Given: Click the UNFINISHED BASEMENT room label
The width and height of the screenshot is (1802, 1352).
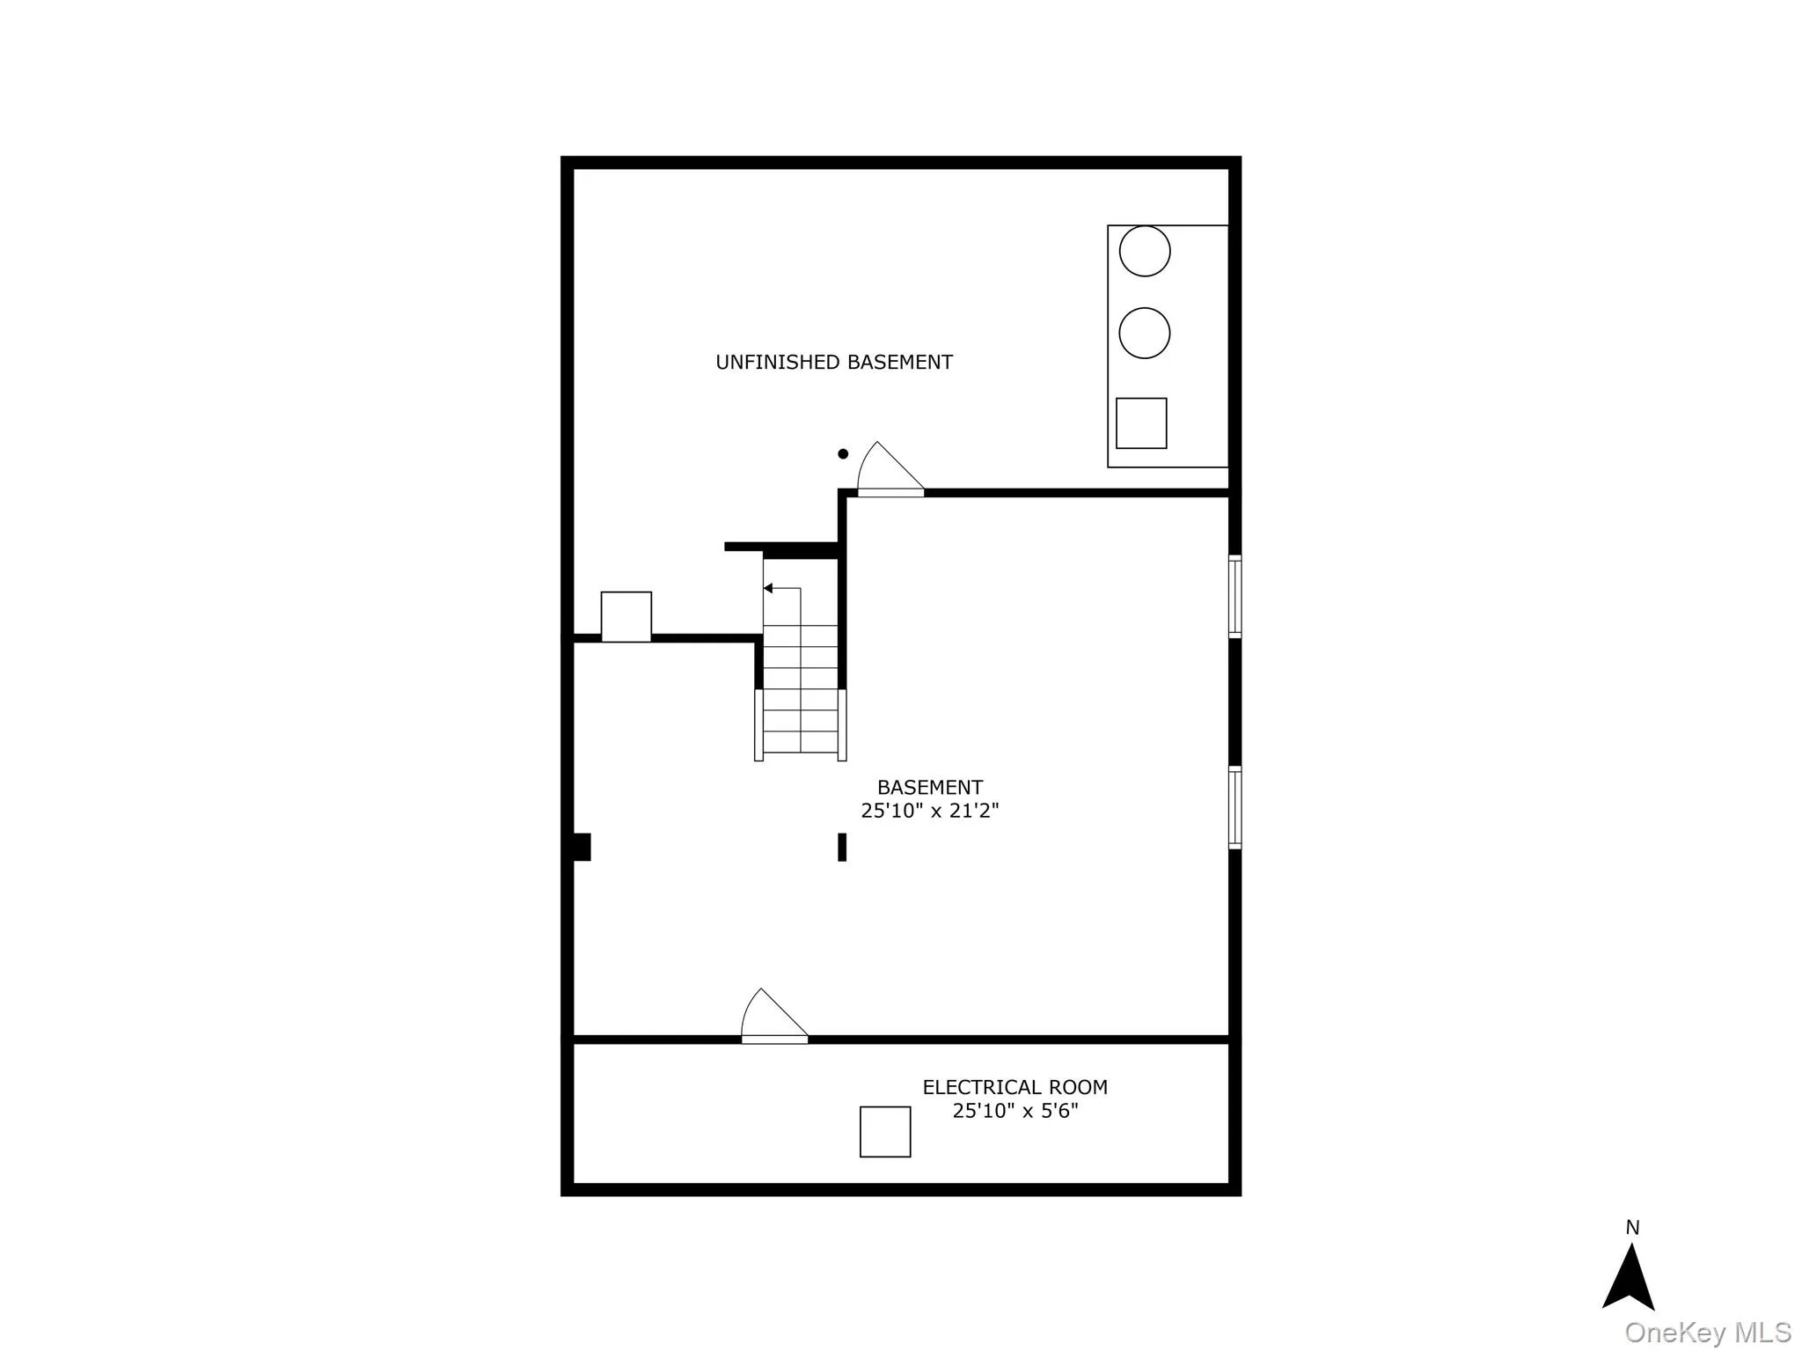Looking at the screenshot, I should click(x=833, y=362).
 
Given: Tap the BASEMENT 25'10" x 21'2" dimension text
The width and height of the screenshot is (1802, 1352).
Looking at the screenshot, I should click(x=929, y=810).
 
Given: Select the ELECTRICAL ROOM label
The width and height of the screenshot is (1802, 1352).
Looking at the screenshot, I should click(x=1015, y=1087).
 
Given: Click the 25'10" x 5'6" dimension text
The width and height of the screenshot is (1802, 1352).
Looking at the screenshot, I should click(x=1015, y=1111).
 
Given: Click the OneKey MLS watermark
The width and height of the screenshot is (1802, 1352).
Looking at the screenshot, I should click(x=1708, y=1333).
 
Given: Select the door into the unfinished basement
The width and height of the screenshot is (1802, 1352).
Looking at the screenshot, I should click(x=890, y=472).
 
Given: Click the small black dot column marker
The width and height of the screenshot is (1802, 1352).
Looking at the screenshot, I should click(x=843, y=454).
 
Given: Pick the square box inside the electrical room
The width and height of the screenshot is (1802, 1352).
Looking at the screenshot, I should click(x=885, y=1132).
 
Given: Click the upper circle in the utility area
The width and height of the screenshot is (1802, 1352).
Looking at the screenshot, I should click(x=1145, y=251).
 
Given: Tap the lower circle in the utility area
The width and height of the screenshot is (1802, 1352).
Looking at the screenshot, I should click(x=1145, y=333).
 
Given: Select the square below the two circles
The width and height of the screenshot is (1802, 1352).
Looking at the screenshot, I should click(x=1141, y=423).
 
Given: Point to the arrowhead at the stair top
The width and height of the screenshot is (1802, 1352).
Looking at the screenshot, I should click(x=768, y=588).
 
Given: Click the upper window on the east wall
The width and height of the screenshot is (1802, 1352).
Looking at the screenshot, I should click(x=1235, y=596).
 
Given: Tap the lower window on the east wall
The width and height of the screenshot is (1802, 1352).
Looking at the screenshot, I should click(x=1235, y=807).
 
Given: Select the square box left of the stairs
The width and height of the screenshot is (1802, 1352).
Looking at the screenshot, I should click(x=626, y=616).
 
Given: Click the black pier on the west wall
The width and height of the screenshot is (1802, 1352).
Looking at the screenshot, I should click(x=582, y=847).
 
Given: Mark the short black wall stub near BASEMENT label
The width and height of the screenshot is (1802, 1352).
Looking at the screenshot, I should click(x=842, y=847).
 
